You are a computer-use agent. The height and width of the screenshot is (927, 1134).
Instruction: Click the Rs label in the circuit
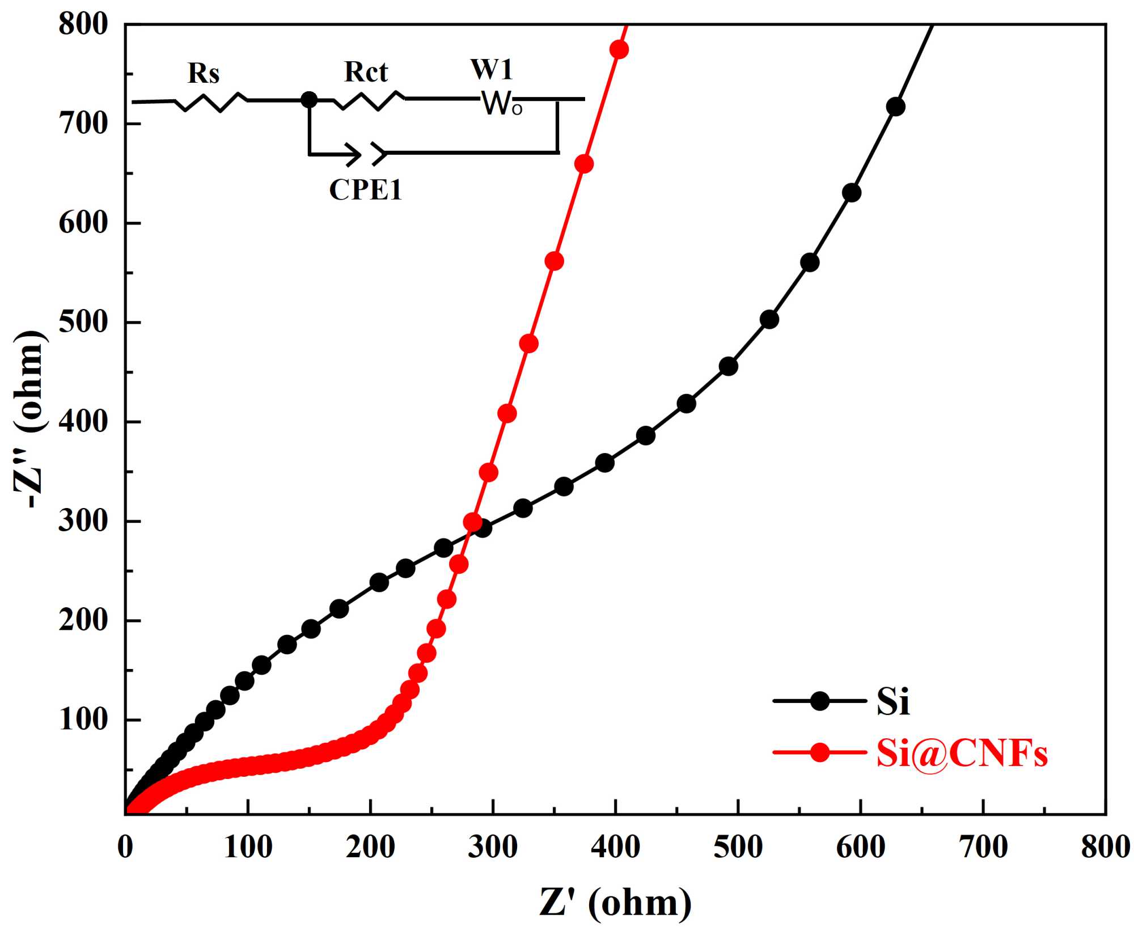[204, 74]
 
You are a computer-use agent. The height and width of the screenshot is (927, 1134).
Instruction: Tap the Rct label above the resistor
[366, 72]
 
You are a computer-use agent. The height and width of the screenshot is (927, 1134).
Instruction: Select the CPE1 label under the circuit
[366, 190]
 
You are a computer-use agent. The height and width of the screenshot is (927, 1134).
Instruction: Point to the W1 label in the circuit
[492, 70]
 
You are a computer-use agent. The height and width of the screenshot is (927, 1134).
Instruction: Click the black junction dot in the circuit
[308, 100]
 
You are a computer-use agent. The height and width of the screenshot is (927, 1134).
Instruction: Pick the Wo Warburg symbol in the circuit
[502, 104]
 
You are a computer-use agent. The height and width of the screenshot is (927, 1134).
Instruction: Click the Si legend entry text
[893, 702]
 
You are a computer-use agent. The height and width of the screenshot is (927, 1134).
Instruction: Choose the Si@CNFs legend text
[962, 754]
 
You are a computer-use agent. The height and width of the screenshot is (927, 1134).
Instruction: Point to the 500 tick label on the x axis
[738, 848]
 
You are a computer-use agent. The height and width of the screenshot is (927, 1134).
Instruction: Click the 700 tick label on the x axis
[983, 848]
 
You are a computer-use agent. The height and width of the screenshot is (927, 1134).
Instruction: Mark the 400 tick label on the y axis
[83, 422]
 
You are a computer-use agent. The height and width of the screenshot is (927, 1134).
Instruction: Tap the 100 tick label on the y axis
[83, 720]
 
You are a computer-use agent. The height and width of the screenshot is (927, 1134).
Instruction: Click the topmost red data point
[619, 50]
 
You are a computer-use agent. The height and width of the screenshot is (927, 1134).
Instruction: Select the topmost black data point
[895, 107]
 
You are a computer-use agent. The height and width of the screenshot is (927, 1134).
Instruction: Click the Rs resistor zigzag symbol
[211, 102]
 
